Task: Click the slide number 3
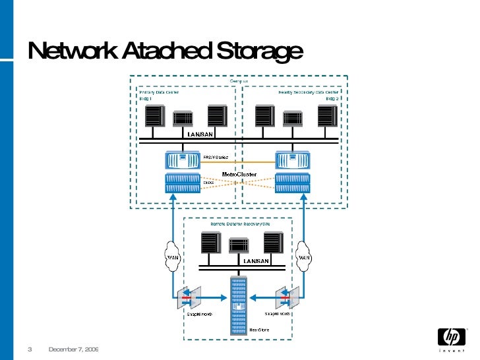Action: pos(30,349)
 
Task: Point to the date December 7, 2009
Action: pos(73,349)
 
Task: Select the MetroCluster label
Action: pos(239,174)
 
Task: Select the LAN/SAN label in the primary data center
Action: pos(200,135)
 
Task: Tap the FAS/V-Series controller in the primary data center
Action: pos(183,160)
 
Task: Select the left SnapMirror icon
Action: pos(187,297)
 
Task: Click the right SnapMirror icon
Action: pos(288,297)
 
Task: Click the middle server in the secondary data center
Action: pos(293,117)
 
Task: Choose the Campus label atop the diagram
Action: pos(239,80)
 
